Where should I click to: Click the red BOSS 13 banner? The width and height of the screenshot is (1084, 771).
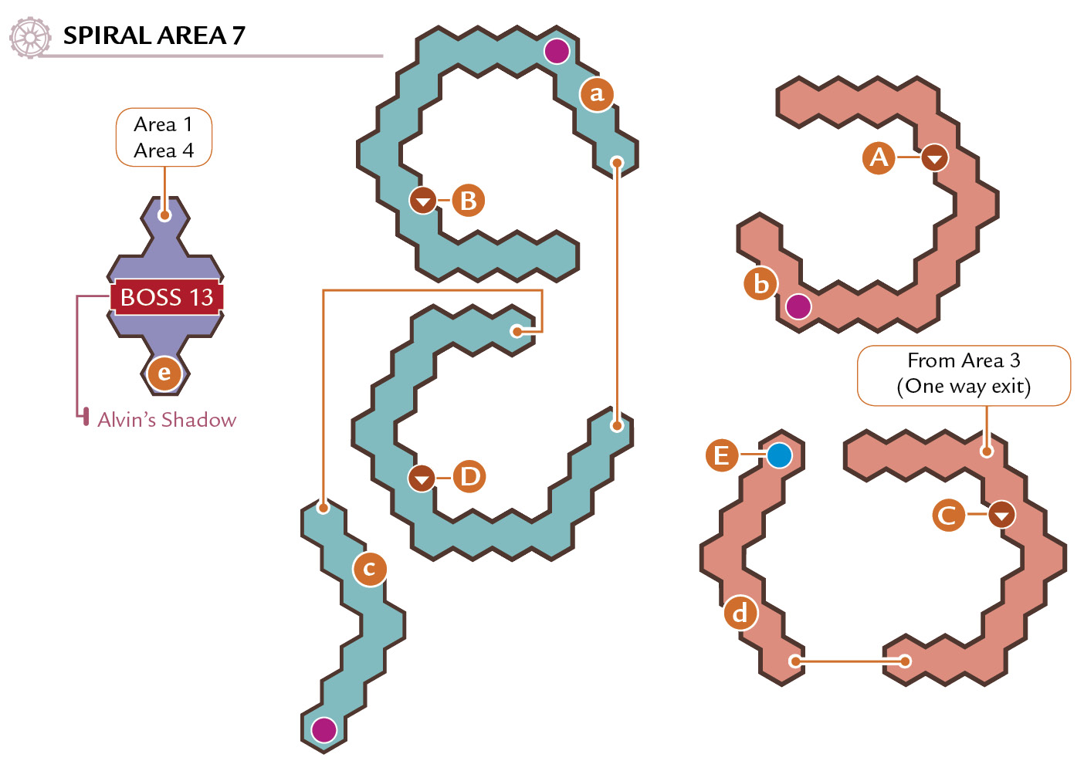pyautogui.click(x=167, y=297)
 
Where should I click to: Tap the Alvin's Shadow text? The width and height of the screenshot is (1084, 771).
pyautogui.click(x=167, y=420)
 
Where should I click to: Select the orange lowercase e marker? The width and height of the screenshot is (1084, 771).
pyautogui.click(x=164, y=373)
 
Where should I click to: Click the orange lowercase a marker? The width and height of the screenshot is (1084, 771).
pyautogui.click(x=597, y=94)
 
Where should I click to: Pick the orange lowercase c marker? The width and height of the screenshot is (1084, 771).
pyautogui.click(x=370, y=569)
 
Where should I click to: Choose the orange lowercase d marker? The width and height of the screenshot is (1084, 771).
pyautogui.click(x=740, y=614)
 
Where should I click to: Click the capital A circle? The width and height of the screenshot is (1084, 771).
pyautogui.click(x=879, y=157)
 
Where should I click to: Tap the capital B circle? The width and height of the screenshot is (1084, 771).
pyautogui.click(x=468, y=200)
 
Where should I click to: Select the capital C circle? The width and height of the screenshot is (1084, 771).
pyautogui.click(x=948, y=515)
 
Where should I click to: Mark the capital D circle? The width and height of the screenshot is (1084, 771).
pyautogui.click(x=469, y=477)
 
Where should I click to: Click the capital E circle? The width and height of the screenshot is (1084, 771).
pyautogui.click(x=722, y=455)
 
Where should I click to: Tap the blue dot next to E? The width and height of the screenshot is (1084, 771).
pyautogui.click(x=779, y=455)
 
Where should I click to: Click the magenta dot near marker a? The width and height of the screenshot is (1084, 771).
pyautogui.click(x=557, y=51)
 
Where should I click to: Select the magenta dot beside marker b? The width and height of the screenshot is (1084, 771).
pyautogui.click(x=798, y=306)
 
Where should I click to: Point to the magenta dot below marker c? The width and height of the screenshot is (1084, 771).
pyautogui.click(x=324, y=730)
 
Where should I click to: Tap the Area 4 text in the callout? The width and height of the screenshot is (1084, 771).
pyautogui.click(x=164, y=151)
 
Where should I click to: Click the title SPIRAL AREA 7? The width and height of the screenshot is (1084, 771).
pyautogui.click(x=154, y=36)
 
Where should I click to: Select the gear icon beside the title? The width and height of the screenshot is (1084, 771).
pyautogui.click(x=30, y=37)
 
